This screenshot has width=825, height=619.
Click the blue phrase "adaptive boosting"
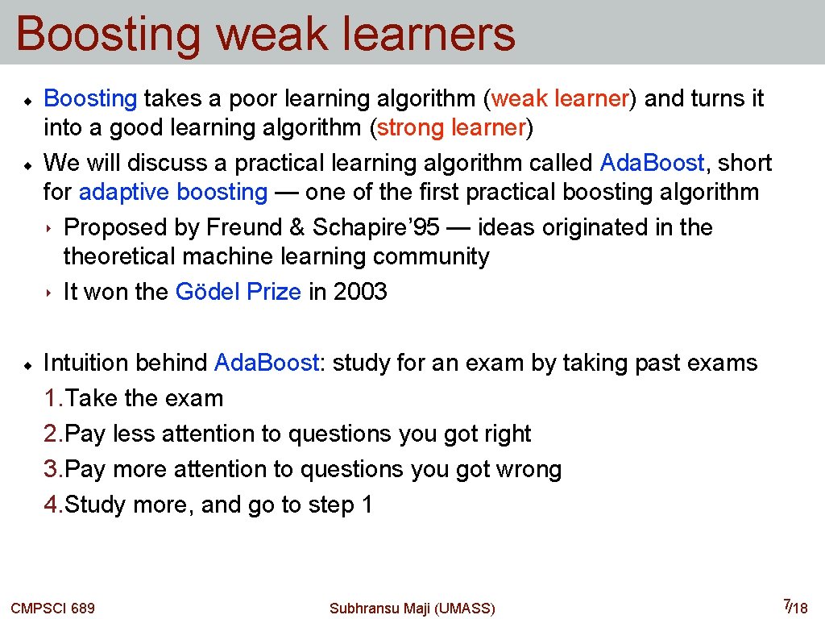[173, 192]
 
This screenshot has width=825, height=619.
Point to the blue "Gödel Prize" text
[238, 292]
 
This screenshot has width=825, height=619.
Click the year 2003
[360, 292]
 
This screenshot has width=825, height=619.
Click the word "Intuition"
[85, 363]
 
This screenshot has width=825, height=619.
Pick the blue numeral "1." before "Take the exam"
[54, 398]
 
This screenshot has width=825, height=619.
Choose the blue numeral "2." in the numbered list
[54, 434]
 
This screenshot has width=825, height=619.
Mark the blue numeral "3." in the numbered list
[54, 469]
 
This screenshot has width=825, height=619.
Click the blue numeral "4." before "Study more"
[54, 505]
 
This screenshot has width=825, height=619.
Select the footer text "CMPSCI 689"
[52, 608]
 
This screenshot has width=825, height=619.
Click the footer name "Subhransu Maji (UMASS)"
[412, 608]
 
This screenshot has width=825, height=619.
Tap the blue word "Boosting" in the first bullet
[90, 98]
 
